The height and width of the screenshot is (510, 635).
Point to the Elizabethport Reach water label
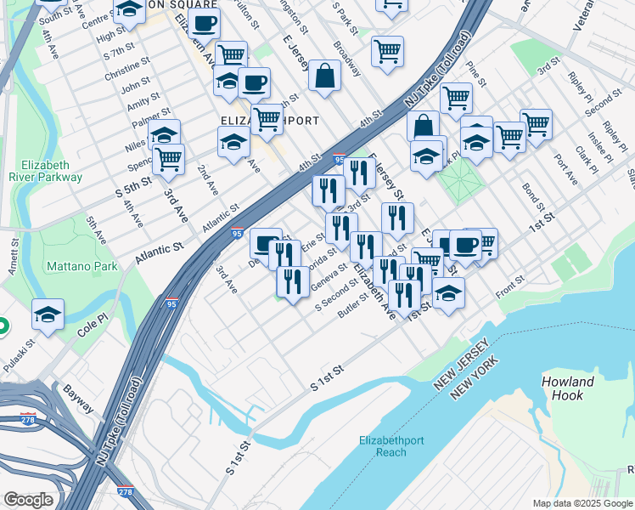coord(391,446)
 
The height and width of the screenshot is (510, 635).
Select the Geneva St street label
coord(329,275)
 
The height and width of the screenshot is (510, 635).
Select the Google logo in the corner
coord(28,500)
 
